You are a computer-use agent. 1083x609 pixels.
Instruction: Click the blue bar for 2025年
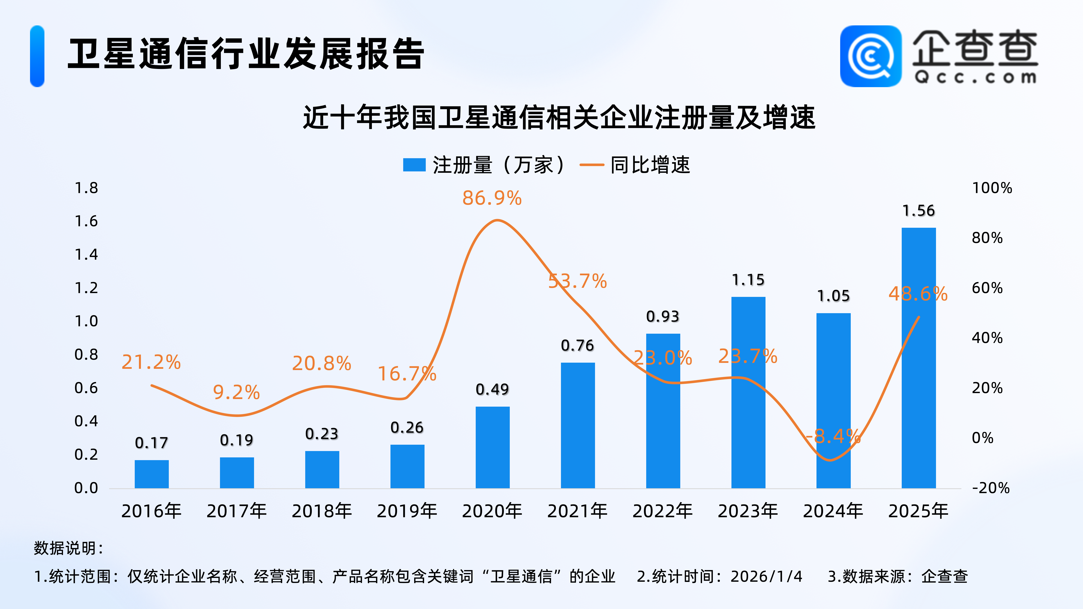point(919,357)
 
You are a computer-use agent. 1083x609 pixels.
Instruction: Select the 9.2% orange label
point(236,392)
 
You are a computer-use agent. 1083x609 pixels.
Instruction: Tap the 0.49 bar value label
point(492,389)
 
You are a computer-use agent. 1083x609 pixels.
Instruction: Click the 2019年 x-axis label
point(407,511)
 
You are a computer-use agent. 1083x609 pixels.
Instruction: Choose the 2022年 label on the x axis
point(662,511)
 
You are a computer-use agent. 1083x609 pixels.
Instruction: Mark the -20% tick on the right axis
point(991,488)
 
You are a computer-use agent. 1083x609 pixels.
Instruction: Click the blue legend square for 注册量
point(414,165)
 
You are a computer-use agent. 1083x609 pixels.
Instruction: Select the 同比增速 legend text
point(650,165)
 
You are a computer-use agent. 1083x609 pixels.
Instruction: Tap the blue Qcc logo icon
point(870,56)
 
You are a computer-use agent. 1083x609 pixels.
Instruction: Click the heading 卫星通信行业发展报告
point(246,54)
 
